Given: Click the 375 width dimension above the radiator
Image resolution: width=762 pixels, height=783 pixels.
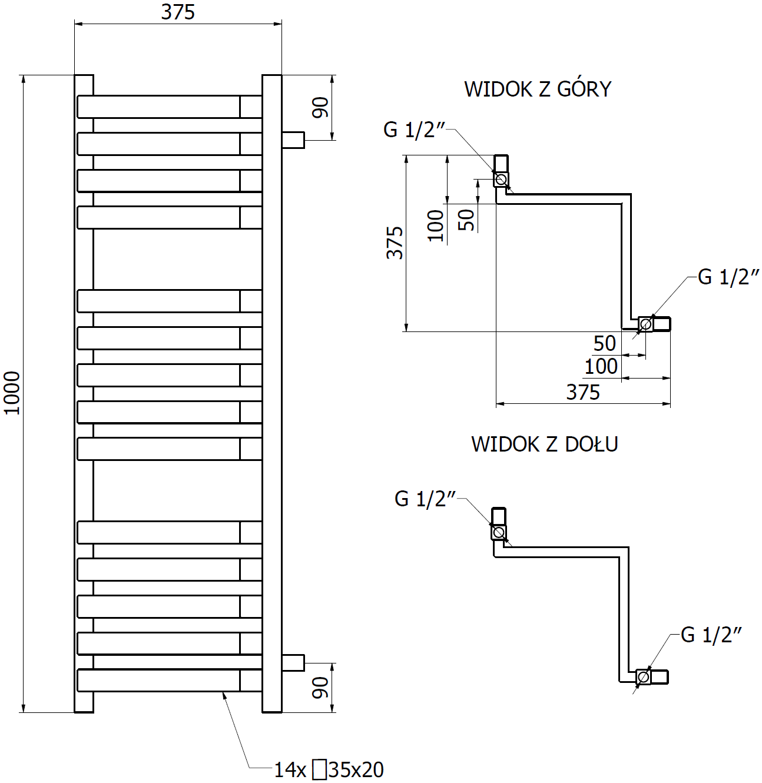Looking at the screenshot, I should [178, 12].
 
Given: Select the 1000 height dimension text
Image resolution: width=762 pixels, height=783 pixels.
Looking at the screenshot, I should [12, 393].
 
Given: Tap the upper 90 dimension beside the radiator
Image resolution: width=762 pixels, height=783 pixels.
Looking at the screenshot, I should [321, 108].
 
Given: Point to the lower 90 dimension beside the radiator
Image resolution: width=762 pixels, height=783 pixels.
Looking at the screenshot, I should [321, 687].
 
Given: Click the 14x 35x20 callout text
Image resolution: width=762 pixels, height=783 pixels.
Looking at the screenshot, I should [329, 769].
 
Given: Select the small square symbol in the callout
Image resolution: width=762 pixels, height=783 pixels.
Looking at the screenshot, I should [319, 769].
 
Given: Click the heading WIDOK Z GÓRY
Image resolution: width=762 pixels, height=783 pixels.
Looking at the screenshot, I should [538, 89].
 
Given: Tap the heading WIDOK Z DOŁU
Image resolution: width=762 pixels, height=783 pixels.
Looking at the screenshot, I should [544, 444].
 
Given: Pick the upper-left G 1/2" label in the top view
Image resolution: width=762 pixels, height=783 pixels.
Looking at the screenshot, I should [415, 130].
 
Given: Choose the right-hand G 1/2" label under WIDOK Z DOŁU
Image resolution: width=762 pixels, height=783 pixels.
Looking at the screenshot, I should [711, 635].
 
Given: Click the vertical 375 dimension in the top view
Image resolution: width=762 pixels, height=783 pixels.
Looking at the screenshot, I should [395, 243].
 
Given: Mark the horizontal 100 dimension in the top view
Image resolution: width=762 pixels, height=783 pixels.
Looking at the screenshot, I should [601, 366].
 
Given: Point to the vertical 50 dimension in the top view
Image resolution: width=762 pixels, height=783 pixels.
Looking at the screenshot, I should [466, 220].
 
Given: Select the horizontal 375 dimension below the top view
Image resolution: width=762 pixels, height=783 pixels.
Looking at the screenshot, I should [583, 392].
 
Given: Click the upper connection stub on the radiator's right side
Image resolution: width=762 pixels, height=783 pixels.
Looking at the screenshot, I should [293, 140].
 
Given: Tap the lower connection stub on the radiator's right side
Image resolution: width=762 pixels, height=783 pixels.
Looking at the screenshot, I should [293, 662].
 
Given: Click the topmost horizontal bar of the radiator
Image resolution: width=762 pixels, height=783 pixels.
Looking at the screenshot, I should [159, 107].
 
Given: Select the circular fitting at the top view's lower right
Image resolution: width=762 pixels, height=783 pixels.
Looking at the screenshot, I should [646, 324].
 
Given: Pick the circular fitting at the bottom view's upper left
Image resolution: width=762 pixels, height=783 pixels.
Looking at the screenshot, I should [499, 533].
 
